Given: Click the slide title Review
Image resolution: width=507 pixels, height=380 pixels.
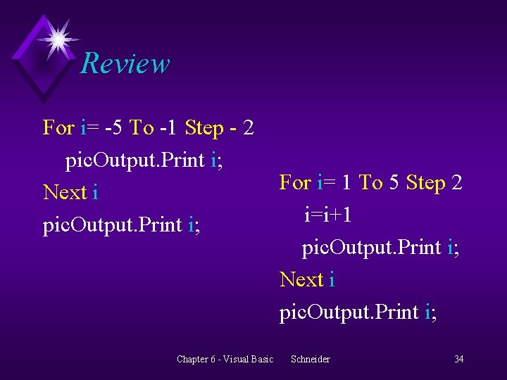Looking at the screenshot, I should point(125,63).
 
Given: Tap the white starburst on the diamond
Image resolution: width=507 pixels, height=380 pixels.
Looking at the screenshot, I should point(58,38).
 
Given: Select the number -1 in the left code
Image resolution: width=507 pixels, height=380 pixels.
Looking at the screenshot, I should point(168,128).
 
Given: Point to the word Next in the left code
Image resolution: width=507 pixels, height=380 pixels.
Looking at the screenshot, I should point(65,191).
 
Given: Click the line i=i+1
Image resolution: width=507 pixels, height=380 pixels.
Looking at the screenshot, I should point(328,214).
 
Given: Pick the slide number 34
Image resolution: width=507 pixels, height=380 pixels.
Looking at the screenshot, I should point(458,360).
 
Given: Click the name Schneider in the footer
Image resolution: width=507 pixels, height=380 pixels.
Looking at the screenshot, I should point(310,360).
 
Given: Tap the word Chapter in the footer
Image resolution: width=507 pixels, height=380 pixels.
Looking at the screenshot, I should point(192,360).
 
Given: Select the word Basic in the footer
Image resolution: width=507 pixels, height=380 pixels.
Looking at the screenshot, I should point(261,360).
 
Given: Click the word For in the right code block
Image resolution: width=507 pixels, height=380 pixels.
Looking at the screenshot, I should point(295,183).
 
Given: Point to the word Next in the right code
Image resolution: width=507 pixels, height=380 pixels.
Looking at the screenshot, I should point(301,279).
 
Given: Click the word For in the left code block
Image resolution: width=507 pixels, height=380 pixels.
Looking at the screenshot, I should point(58,128).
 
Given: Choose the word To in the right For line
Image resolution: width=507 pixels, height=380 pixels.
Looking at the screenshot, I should point(370,183).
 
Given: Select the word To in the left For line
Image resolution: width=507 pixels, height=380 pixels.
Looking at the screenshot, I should point(142,128).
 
